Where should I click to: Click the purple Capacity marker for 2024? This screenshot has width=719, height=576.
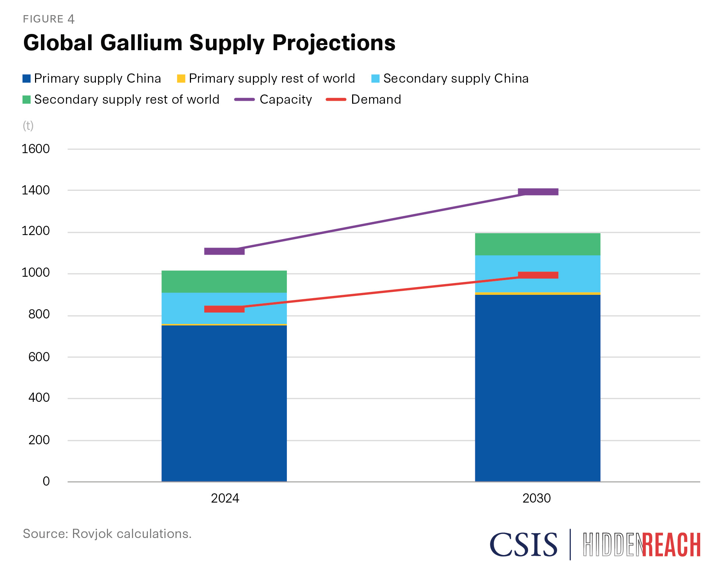pyautogui.click(x=224, y=251)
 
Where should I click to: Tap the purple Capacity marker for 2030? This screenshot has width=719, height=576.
pyautogui.click(x=538, y=192)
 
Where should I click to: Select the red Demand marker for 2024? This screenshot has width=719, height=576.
pyautogui.click(x=224, y=309)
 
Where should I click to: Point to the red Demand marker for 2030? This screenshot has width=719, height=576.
pyautogui.click(x=538, y=275)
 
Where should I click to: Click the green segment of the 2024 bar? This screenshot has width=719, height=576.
pyautogui.click(x=224, y=282)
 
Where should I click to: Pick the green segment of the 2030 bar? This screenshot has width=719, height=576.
pyautogui.click(x=538, y=244)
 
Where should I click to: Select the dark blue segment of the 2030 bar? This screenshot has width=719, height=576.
pyautogui.click(x=538, y=387)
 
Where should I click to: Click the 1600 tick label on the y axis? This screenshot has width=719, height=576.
pyautogui.click(x=35, y=149)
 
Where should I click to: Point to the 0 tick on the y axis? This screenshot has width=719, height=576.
pyautogui.click(x=46, y=481)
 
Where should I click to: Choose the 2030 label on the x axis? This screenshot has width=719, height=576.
pyautogui.click(x=536, y=499)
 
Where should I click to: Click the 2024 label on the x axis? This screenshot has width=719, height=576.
pyautogui.click(x=225, y=499)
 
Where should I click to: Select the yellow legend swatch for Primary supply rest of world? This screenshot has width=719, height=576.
pyautogui.click(x=181, y=79)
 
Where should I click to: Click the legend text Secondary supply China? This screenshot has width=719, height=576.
pyautogui.click(x=456, y=79)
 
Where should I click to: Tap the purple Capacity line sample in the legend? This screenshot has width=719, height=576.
pyautogui.click(x=244, y=100)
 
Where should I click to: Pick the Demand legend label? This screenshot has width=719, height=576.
pyautogui.click(x=376, y=100)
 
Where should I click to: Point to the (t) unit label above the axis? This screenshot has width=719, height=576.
pyautogui.click(x=28, y=126)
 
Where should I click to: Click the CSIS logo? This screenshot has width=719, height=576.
pyautogui.click(x=523, y=545)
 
